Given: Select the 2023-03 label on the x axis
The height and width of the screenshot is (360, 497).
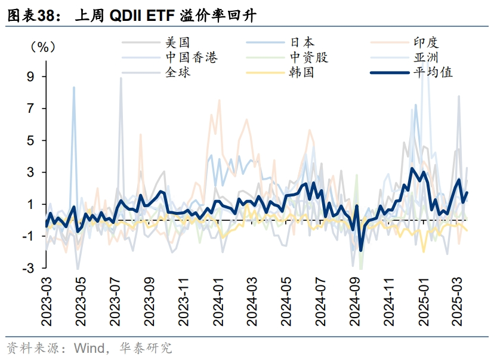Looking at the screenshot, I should [x=47, y=301].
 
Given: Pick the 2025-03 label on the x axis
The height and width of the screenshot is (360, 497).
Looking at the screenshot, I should [x=459, y=301].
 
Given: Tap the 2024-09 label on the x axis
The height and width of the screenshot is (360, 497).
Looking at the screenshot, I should [x=355, y=301].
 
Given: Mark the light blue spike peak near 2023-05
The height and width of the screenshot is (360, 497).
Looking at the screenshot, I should [x=74, y=87].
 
